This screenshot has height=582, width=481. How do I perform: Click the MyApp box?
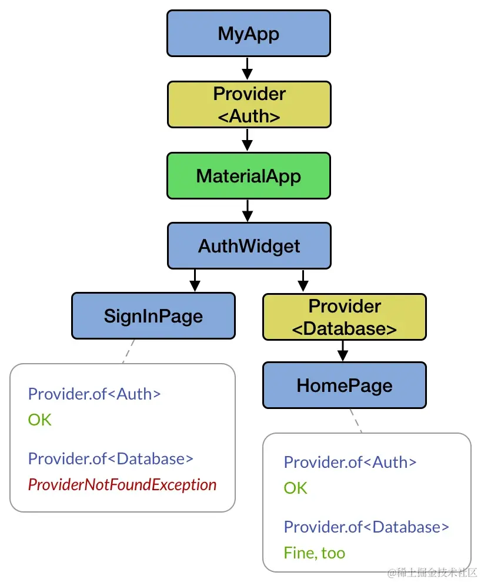coord(249,34)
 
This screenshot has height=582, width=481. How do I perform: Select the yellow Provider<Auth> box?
coord(249,105)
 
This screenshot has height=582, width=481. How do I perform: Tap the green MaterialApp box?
coord(249,175)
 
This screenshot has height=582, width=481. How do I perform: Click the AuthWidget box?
coord(249,245)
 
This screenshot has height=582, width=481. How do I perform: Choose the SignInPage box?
coord(153,316)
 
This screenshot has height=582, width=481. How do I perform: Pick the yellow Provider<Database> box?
coord(344,317)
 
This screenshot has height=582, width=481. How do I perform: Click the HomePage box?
coord(344,385)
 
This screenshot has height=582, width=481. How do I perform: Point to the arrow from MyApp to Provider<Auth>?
coord(248,69)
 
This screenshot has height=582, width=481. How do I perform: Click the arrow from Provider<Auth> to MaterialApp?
coord(248,140)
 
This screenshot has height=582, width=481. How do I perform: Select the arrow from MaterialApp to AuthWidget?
coord(248,210)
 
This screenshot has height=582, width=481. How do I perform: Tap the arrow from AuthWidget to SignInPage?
coord(195,280)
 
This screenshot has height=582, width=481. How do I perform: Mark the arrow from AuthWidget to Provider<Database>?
coord(303,280)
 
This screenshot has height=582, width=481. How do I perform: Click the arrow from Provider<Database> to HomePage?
coord(343,351)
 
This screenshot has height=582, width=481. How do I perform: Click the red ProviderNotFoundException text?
coord(122,485)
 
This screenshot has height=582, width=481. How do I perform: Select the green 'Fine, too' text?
coord(314,553)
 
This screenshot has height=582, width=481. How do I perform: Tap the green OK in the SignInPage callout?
coord(40,420)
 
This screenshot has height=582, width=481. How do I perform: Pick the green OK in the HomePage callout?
coord(295,488)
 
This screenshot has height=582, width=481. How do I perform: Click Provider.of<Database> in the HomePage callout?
coord(366,527)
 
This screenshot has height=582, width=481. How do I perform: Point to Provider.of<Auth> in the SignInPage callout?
coord(94,394)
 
